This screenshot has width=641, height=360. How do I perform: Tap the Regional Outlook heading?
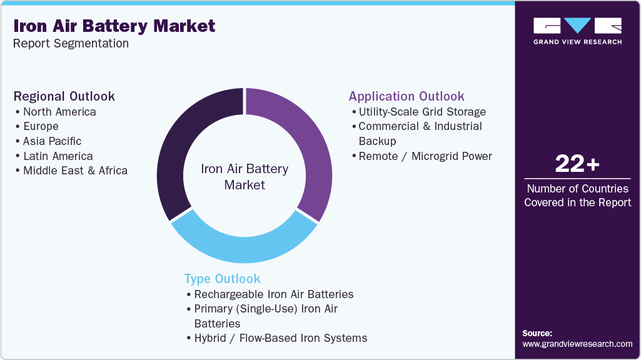(64, 96)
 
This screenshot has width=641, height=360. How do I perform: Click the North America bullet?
(59, 112)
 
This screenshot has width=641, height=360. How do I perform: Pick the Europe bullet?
(41, 126)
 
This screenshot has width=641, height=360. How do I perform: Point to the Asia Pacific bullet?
(52, 141)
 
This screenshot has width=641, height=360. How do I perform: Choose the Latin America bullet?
(58, 156)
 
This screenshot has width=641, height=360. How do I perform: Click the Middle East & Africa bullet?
(75, 171)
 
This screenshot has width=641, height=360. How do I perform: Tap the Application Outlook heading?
(406, 96)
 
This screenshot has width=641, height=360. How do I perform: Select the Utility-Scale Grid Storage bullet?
(422, 112)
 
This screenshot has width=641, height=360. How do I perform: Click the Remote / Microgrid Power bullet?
(425, 156)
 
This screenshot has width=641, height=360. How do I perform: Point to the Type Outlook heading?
(222, 279)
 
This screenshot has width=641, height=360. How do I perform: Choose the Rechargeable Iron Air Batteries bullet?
(274, 294)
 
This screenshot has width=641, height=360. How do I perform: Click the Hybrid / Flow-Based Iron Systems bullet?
(281, 338)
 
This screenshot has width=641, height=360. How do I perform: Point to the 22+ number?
(577, 164)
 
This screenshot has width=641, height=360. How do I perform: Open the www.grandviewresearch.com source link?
(577, 344)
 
